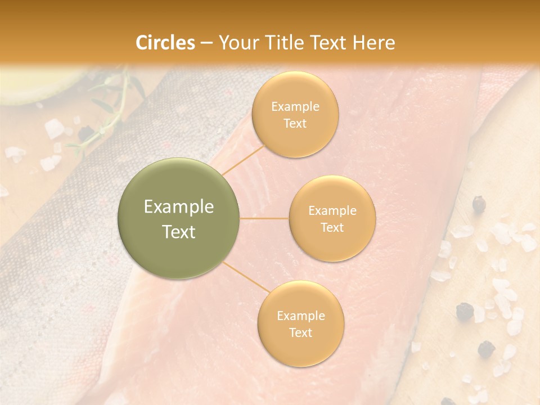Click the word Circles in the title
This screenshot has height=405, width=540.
coord(165,43)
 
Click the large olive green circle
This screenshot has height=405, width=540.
coord(179,219)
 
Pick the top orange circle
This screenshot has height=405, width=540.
coord(295,115)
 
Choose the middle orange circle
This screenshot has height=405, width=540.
coord(332,219)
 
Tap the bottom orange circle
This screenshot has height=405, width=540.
coord(300,324)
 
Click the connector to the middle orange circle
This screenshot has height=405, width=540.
coord(264,218)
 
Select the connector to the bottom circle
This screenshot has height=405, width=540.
coord(245,278)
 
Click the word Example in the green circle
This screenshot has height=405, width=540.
coord(179,207)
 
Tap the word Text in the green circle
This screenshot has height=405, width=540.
coord(179,232)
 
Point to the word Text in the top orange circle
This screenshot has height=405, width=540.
coord(295,124)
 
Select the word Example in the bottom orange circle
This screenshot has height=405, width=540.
coord(300,316)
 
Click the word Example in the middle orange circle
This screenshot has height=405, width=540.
coord(332,211)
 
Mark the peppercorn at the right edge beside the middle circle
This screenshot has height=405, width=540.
coord(479,204)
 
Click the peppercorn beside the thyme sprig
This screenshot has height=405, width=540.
coord(85,133)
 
